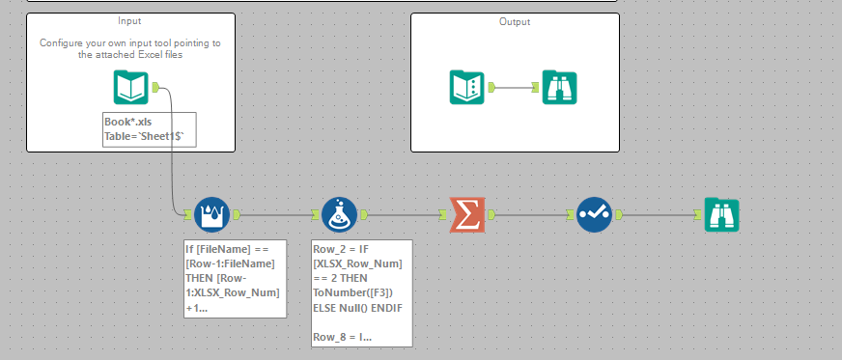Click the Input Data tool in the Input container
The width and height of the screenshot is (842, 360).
pos(130,88)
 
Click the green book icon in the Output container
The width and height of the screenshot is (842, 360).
pos(466,87)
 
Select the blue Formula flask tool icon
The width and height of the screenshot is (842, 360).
pos(339,214)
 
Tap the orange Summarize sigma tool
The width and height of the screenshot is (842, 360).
pos(466,214)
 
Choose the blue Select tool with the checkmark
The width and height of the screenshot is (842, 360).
pos(593,214)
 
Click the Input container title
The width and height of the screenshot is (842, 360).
pos(129,21)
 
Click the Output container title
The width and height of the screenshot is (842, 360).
pos(514,21)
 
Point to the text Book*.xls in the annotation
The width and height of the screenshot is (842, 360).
pos(127,122)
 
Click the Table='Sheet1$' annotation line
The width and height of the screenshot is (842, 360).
pos(150,137)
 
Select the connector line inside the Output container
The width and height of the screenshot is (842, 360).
pos(515,87)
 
